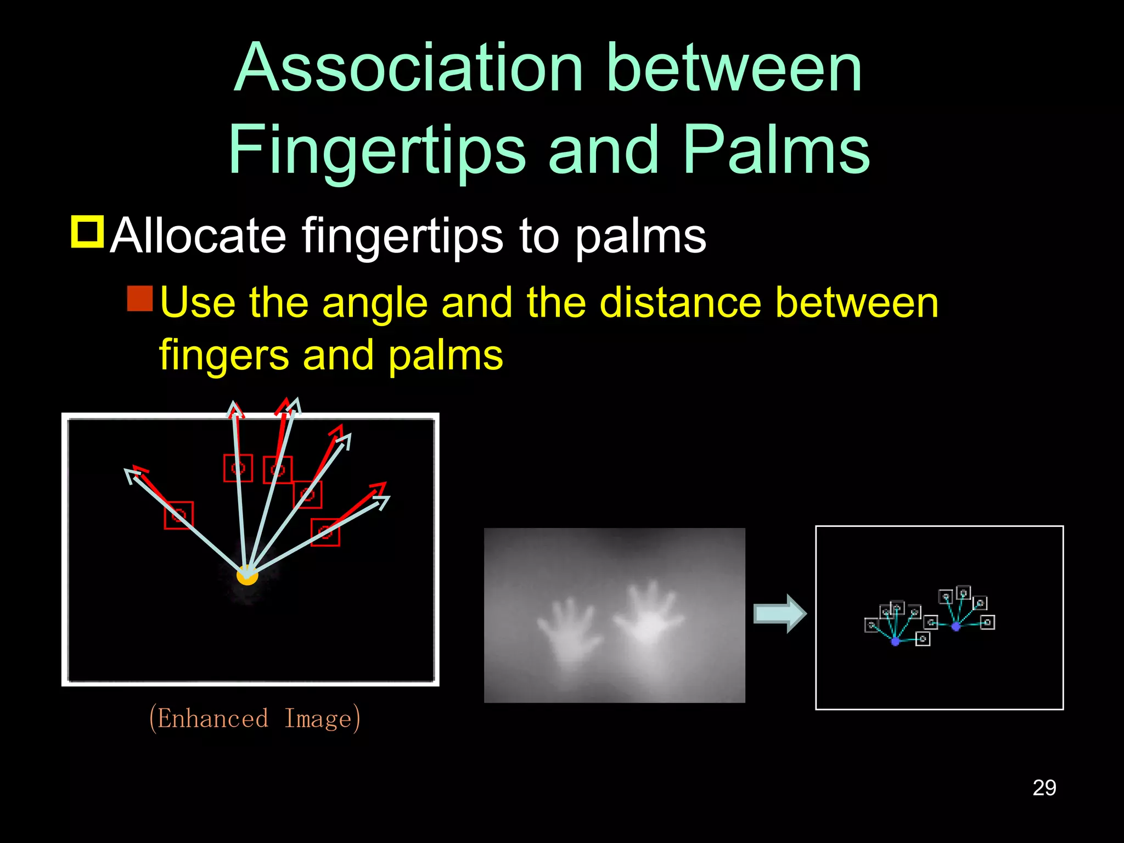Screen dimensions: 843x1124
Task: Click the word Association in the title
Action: [x=408, y=68]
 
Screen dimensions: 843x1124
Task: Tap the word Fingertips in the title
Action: [x=377, y=150]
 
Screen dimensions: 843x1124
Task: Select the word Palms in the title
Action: [x=776, y=150]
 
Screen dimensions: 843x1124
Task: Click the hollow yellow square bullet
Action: [x=87, y=232]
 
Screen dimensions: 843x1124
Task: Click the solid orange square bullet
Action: [x=140, y=299]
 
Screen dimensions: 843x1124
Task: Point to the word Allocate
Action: [x=198, y=236]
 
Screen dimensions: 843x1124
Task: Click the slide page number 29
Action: [x=1044, y=788]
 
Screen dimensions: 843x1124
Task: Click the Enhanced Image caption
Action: [x=255, y=718]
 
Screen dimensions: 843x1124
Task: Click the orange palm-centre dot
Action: [x=247, y=575]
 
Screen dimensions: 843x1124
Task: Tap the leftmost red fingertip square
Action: [x=179, y=515]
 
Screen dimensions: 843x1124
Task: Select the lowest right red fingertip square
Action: [x=325, y=532]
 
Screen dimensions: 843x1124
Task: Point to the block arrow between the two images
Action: [x=779, y=613]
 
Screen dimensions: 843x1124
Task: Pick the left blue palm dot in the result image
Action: [x=896, y=641]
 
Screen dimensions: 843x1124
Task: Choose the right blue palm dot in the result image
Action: [x=956, y=626]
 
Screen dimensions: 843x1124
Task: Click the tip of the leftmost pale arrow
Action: [x=127, y=471]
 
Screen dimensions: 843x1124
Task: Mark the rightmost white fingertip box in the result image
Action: [x=987, y=622]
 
